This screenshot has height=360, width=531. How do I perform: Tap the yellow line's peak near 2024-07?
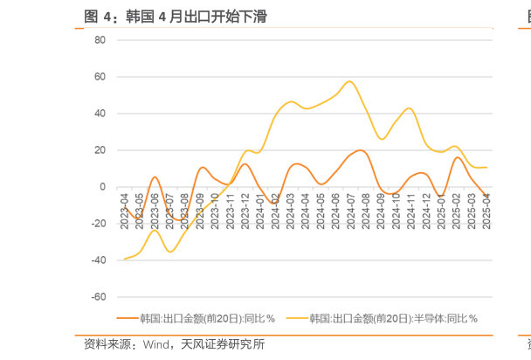point(349,81)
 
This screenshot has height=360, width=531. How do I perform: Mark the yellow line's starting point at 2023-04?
point(125,259)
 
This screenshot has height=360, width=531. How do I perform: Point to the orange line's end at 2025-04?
point(486,196)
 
